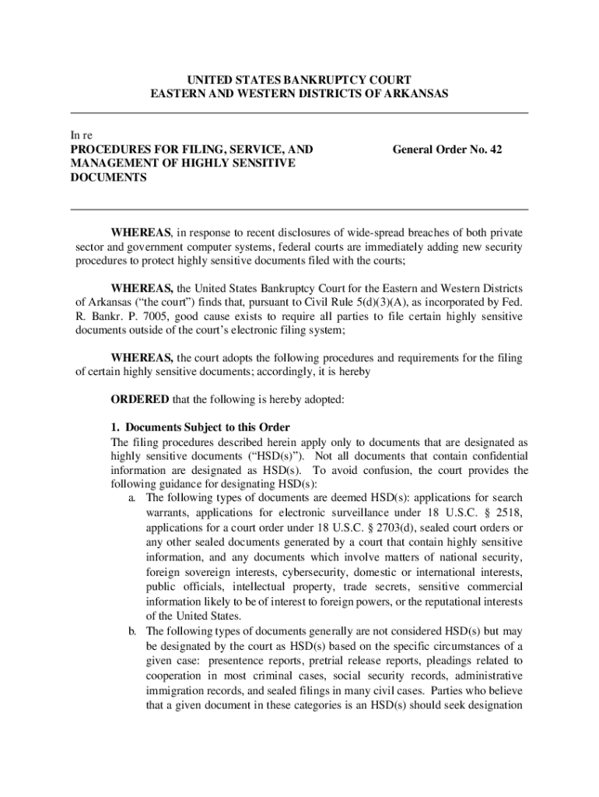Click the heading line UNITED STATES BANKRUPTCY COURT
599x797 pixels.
pyautogui.click(x=299, y=80)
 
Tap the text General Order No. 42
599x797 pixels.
pyautogui.click(x=447, y=149)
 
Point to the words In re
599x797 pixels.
pyautogui.click(x=81, y=135)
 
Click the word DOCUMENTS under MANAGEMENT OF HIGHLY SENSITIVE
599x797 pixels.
pyautogui.click(x=109, y=177)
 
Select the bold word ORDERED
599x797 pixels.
pyautogui.click(x=139, y=399)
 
